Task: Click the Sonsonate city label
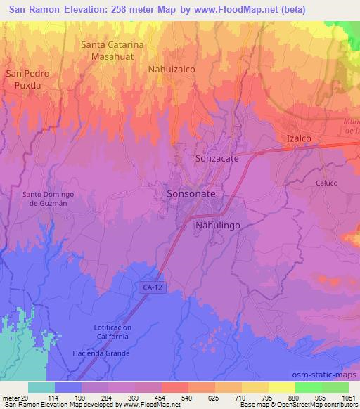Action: click(x=191, y=193)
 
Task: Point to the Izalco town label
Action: click(x=298, y=138)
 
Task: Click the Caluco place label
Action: click(x=326, y=183)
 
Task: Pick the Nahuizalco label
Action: click(x=171, y=70)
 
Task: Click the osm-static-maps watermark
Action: click(x=328, y=372)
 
